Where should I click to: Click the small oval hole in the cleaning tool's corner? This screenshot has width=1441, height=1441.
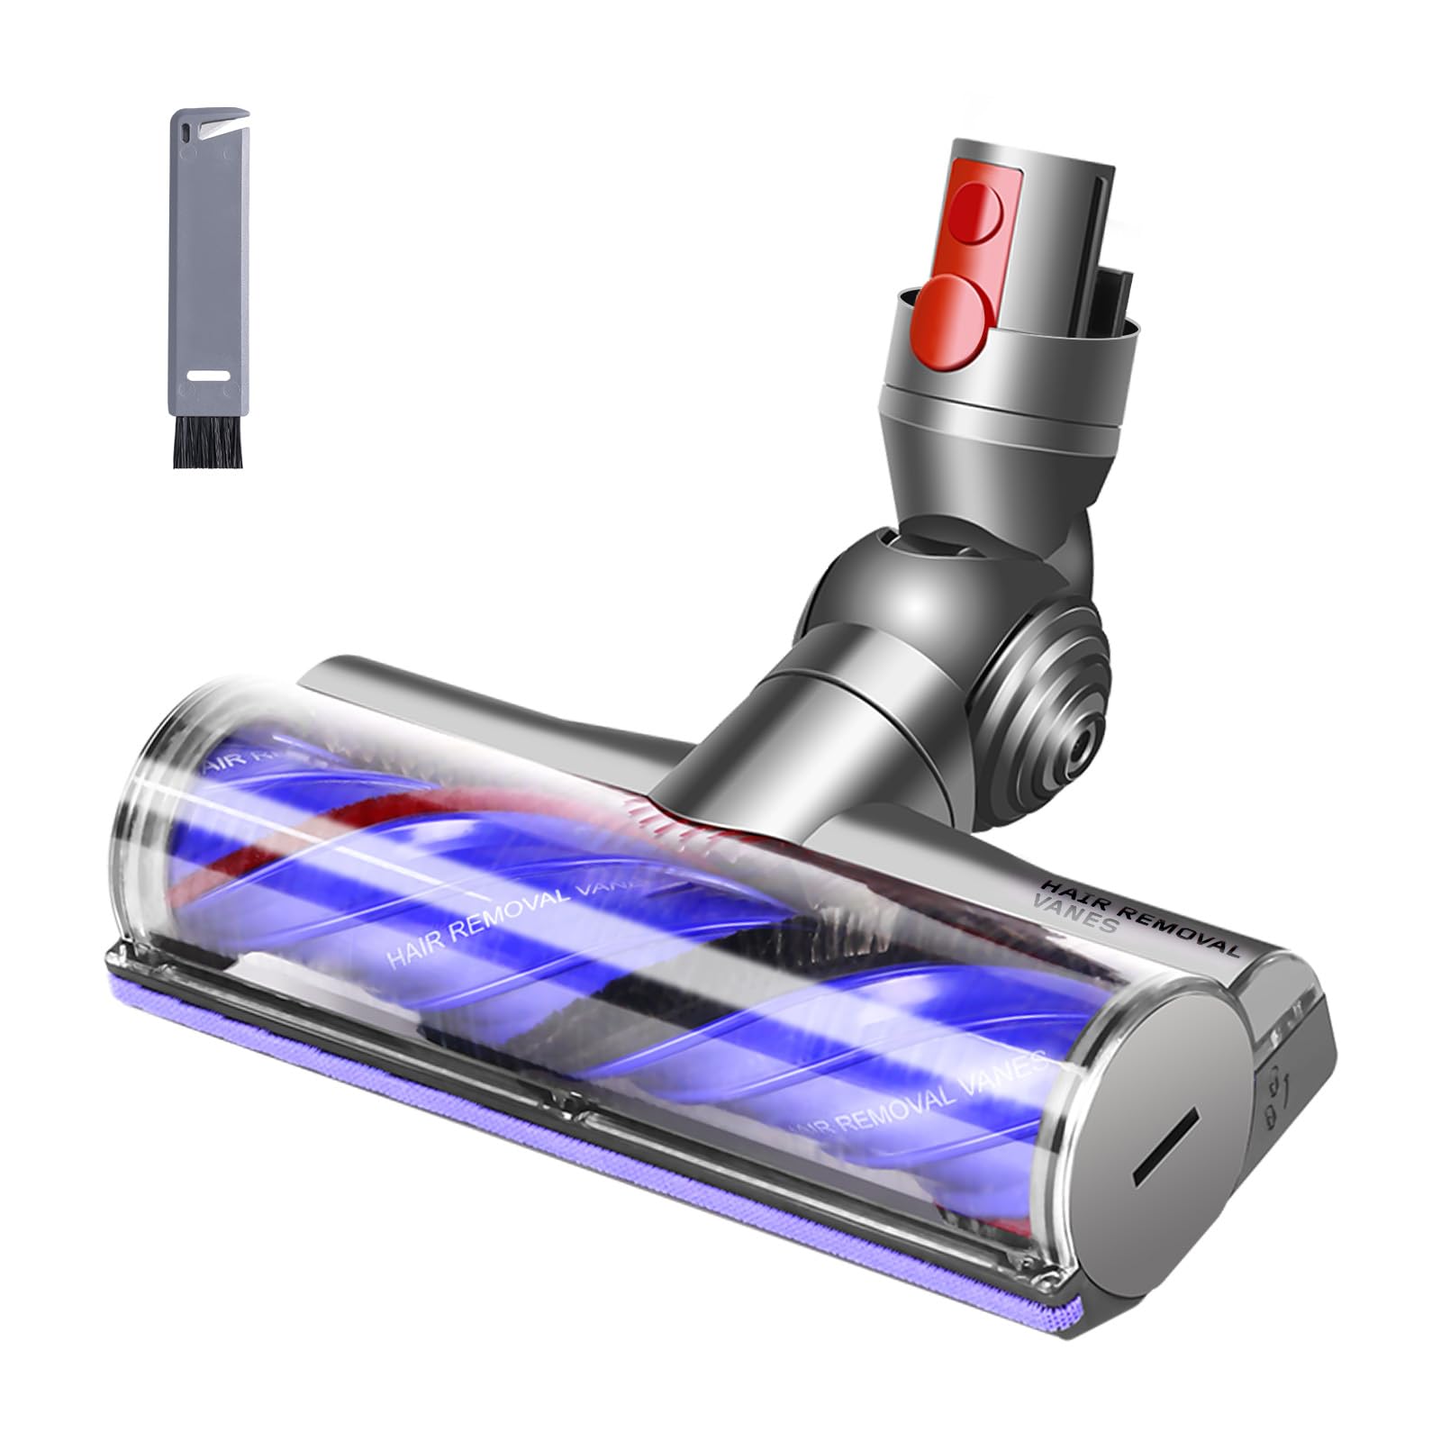186,130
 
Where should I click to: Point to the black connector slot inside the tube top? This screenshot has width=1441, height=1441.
1113,270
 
